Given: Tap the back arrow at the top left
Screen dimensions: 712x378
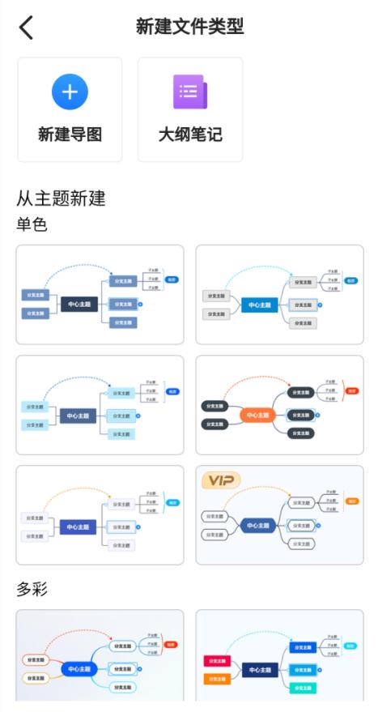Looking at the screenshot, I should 27,28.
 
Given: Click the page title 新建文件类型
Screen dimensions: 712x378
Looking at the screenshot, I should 189,27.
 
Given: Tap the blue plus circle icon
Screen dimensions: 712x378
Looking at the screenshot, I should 70,92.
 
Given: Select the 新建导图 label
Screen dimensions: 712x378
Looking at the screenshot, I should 70,134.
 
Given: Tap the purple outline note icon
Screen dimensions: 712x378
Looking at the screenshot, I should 189,92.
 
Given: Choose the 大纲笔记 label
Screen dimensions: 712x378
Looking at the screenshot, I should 190,134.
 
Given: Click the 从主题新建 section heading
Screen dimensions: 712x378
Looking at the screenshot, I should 62,198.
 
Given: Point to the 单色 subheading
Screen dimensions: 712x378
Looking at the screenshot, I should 32,224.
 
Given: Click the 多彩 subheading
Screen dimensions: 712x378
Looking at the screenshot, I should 32,589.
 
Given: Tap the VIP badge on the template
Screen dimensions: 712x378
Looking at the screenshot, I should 221,481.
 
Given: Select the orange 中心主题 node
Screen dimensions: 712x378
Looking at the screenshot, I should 259,416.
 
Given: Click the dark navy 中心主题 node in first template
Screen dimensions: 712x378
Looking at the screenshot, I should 79,305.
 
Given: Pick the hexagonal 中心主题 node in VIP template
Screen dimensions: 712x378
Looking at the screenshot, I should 259,526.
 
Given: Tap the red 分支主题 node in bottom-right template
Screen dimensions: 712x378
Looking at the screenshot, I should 218,661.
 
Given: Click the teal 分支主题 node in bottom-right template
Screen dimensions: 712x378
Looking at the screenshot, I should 302,688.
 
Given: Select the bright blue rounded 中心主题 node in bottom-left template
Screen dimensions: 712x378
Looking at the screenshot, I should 79,670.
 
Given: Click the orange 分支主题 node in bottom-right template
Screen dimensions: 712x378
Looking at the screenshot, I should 218,679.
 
